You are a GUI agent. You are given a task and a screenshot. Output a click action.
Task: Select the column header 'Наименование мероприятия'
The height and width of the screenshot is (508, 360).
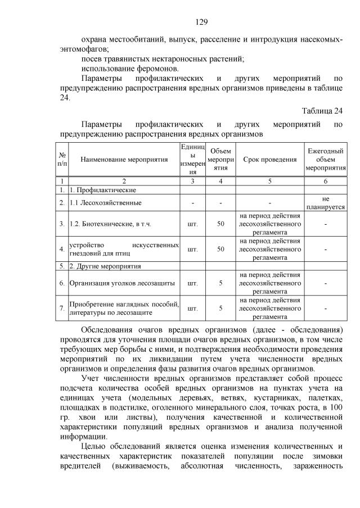(124, 160)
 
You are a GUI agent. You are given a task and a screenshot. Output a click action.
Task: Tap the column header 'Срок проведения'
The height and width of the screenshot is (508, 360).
(270, 160)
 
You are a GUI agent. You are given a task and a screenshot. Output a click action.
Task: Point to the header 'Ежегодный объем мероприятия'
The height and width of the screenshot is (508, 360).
(325, 160)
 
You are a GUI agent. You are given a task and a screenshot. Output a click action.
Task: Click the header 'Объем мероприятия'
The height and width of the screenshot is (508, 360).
(220, 160)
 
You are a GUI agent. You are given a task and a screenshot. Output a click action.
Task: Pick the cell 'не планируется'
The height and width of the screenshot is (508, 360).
(325, 203)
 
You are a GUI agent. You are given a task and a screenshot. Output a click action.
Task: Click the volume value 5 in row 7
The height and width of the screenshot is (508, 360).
(220, 308)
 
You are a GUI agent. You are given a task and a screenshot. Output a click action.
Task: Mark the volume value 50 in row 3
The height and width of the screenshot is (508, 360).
(220, 224)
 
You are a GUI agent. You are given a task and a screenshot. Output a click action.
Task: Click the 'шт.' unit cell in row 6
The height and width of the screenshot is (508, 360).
(192, 283)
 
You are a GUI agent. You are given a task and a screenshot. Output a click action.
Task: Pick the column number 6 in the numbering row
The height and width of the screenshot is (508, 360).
(325, 182)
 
